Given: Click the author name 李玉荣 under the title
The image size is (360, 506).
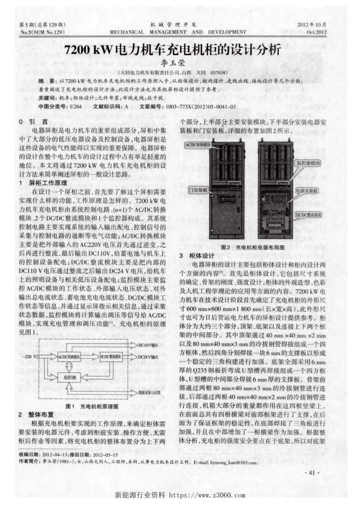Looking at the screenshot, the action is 180,62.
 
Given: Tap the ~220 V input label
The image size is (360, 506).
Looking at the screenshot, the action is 30,357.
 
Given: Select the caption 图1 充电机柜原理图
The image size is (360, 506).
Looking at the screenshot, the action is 90,405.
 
